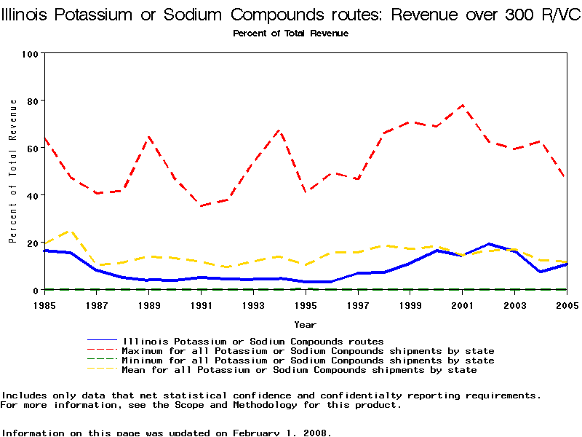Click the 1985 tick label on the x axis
tap(44, 304)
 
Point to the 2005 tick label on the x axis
tap(567, 304)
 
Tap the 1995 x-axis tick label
tap(306, 304)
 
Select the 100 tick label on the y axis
tap(30, 54)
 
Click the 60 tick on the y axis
tap(33, 149)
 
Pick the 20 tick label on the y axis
tap(33, 243)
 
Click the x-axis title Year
tap(305, 324)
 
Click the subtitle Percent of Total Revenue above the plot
tap(290, 34)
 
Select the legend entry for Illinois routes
tap(253, 341)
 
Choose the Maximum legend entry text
tap(308, 351)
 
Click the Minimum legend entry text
tap(308, 361)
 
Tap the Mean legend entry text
tap(300, 370)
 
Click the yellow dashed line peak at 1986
tap(71, 230)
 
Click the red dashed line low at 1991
tap(201, 206)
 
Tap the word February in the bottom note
tap(259, 433)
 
